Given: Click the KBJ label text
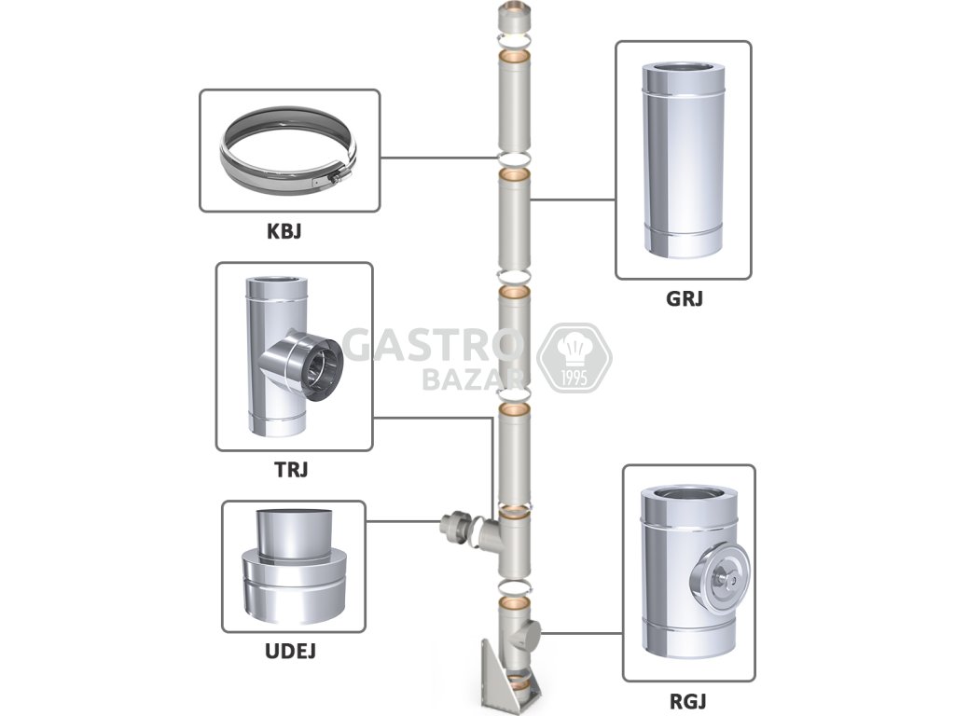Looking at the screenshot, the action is tap(289, 231).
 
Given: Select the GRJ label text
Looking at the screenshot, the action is tap(684, 299).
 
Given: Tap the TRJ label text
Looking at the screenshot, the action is tap(293, 470).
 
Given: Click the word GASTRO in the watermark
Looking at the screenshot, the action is tap(429, 345).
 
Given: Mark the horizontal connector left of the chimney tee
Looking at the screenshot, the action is tap(459, 530).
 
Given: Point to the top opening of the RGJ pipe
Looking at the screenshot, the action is tap(688, 495).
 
